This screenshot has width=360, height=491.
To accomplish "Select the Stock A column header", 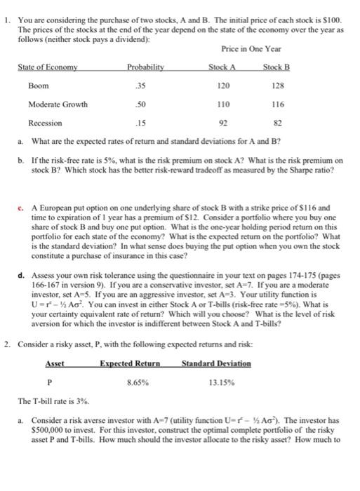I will [x=222, y=67].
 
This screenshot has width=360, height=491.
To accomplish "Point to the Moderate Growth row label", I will [x=58, y=105].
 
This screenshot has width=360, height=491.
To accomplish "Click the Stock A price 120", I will [x=224, y=85].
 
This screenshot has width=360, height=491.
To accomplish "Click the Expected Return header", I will [x=131, y=363].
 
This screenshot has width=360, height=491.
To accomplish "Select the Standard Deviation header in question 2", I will [x=216, y=363].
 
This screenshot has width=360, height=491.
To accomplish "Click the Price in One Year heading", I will [x=251, y=50].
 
